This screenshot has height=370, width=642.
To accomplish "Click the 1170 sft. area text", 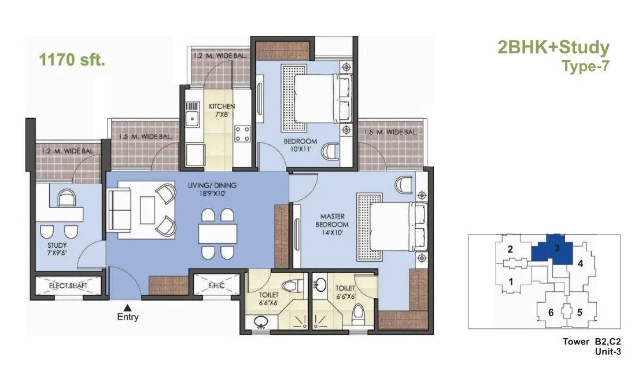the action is click(x=72, y=60).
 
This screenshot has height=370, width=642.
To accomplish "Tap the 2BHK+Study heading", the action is click(x=554, y=47).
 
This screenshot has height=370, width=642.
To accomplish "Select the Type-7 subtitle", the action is click(x=586, y=66).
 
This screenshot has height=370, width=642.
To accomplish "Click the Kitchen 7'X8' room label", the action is click(x=222, y=110).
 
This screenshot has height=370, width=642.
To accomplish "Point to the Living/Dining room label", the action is click(x=212, y=189).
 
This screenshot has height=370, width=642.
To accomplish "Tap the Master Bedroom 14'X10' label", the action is click(x=332, y=224).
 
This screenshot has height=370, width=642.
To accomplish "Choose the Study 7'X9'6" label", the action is click(x=57, y=249).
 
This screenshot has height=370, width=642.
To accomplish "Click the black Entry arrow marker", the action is click(x=128, y=307).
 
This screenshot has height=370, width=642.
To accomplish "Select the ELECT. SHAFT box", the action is click(x=68, y=285).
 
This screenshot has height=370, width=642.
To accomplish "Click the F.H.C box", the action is click(x=216, y=285).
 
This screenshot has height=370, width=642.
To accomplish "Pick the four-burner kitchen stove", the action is click(x=242, y=134).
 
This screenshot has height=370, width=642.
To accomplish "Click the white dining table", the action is click(x=218, y=233).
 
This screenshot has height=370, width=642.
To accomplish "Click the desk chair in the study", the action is click(x=67, y=198).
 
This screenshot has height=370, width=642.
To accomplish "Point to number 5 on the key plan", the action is click(x=580, y=312).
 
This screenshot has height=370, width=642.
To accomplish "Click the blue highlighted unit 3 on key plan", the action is click(x=552, y=250).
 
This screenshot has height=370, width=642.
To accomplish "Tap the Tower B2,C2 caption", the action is click(x=592, y=342).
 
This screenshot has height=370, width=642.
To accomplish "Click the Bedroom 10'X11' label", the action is click(x=301, y=145).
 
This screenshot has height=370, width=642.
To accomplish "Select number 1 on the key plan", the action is click(x=511, y=281).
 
